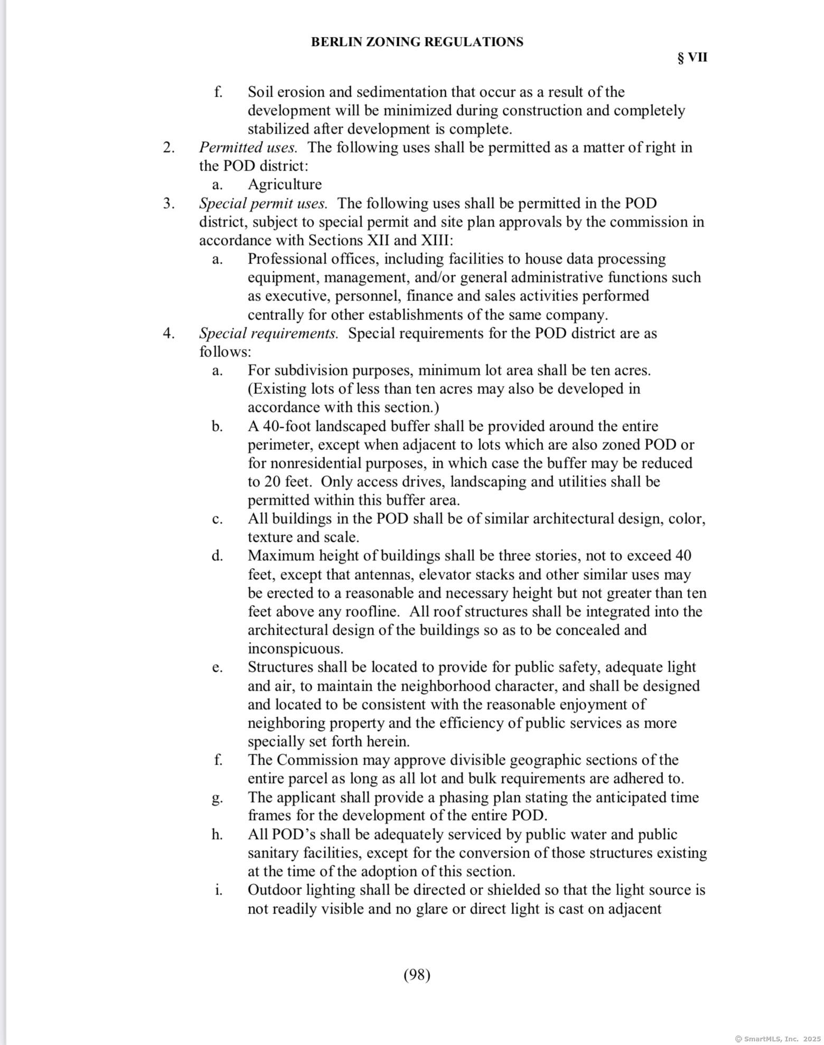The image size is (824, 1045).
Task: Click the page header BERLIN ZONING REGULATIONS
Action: coord(417,42)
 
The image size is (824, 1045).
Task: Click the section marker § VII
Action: coord(692,58)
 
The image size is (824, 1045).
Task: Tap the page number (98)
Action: coord(417,975)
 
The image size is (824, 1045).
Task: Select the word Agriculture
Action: coord(285,184)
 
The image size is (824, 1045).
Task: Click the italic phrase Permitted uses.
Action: coord(248,147)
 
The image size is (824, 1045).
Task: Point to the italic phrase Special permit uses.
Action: coord(263,203)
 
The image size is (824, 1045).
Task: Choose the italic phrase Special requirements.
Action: coord(268,333)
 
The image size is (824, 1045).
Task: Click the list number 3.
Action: coord(168,203)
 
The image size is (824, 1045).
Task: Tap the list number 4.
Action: coord(168,333)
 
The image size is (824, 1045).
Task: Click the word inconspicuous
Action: coord(295,649)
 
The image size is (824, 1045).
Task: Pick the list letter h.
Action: coord(217,834)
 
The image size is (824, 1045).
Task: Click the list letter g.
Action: coord(217,798)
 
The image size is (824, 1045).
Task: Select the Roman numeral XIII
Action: coord(436,240)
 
